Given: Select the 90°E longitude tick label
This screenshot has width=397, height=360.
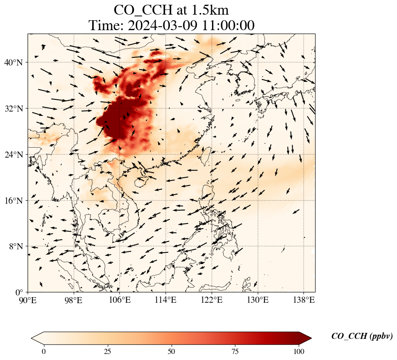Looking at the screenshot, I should (x=28, y=300).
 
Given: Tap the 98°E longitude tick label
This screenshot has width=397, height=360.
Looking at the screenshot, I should (x=74, y=300).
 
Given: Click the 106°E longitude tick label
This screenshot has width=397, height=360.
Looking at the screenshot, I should (x=120, y=300).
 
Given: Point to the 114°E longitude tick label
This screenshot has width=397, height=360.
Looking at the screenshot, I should (x=166, y=300).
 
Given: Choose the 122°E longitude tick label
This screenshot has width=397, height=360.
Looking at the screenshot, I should (x=212, y=300).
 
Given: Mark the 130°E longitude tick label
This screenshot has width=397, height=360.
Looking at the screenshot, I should (x=258, y=300).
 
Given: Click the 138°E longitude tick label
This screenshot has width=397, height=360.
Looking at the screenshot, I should (x=303, y=300).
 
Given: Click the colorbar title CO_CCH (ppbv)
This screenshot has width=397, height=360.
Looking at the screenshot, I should (x=362, y=336).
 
